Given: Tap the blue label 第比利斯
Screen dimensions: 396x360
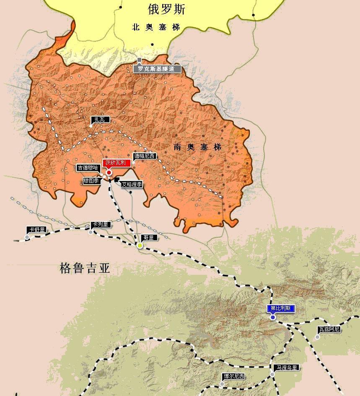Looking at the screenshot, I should (281, 309).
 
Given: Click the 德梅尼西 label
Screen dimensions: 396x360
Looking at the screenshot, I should (144, 156).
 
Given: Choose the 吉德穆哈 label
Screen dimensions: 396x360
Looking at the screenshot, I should (88, 168).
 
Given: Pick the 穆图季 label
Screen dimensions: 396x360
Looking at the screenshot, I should (91, 181).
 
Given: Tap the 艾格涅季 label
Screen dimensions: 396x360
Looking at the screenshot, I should (132, 184).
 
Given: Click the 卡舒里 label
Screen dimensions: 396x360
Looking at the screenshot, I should (35, 230).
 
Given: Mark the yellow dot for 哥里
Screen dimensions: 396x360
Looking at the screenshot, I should (140, 245).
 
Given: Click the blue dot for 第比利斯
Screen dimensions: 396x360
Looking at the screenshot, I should (273, 318).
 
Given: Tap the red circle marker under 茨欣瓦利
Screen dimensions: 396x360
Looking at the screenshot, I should (109, 172).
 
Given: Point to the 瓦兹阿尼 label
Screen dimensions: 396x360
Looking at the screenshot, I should (329, 329).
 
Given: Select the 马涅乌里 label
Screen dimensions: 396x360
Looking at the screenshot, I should (287, 367).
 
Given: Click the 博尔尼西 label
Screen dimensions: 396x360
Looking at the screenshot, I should (234, 376).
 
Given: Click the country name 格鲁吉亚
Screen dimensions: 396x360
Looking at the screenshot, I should (85, 268).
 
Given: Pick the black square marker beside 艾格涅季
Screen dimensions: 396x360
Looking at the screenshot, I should (116, 180).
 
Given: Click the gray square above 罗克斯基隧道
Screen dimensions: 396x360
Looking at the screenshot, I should (139, 60).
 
